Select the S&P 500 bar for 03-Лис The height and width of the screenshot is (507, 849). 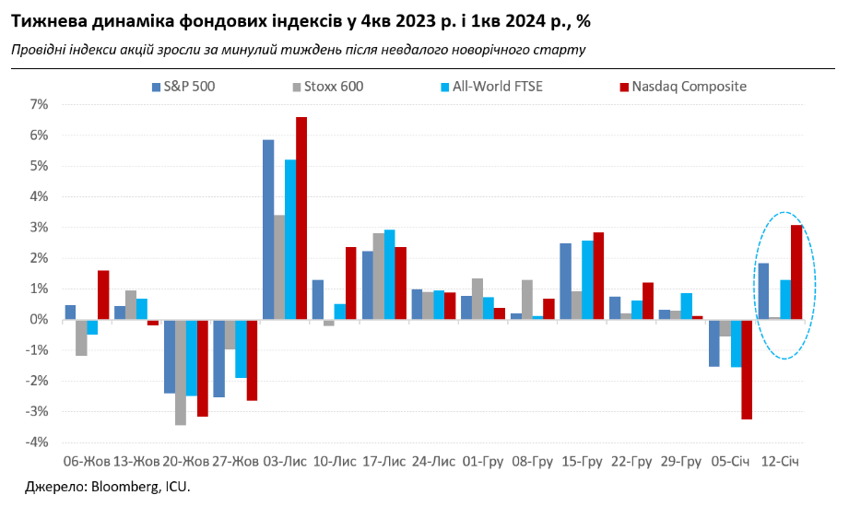pyautogui.click(x=268, y=230)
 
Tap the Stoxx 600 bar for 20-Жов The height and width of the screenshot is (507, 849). pyautogui.click(x=181, y=371)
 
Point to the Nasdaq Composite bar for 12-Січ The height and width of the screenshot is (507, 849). pyautogui.click(x=796, y=272)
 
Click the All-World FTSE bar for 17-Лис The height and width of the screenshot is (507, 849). pyautogui.click(x=389, y=275)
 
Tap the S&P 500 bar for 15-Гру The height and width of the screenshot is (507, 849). pyautogui.click(x=565, y=281)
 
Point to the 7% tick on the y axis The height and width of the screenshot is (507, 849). pyautogui.click(x=38, y=104)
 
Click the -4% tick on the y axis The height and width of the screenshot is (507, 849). pyautogui.click(x=36, y=442)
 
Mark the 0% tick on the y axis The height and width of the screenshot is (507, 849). pyautogui.click(x=38, y=320)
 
